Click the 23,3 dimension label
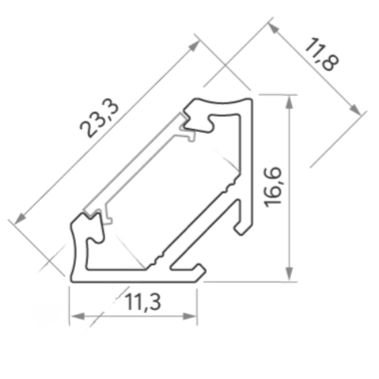tap(99, 119)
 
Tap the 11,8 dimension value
tap(321, 54)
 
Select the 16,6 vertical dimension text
tap(272, 187)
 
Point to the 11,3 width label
tap(143, 302)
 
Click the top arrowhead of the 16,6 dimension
tap(290, 102)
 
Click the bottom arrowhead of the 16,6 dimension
tap(290, 274)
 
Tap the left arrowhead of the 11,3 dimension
tap(77, 316)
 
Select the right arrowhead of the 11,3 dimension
tap(189, 316)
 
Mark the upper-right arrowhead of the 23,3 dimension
tap(194, 46)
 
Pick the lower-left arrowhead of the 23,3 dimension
tap(20, 218)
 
